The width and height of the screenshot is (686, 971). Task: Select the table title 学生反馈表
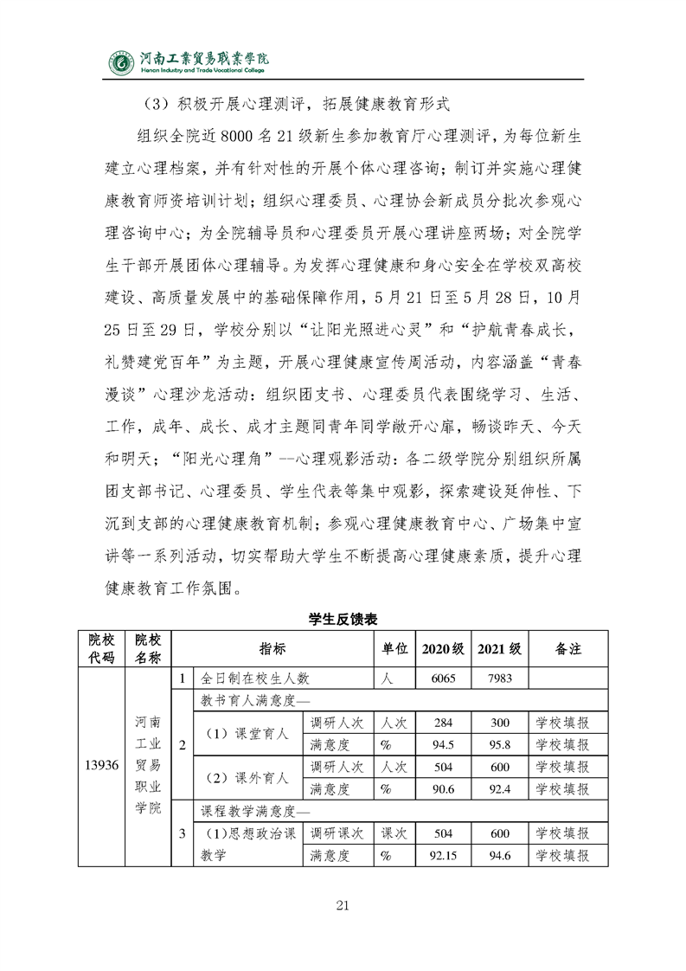pos(343,620)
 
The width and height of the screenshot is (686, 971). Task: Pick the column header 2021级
pos(499,648)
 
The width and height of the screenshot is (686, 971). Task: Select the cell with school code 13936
pos(102,766)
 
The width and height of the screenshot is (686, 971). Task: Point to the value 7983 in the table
pos(499,678)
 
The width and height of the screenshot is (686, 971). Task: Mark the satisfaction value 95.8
pos(499,744)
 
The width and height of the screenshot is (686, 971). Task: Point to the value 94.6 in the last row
pos(499,855)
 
